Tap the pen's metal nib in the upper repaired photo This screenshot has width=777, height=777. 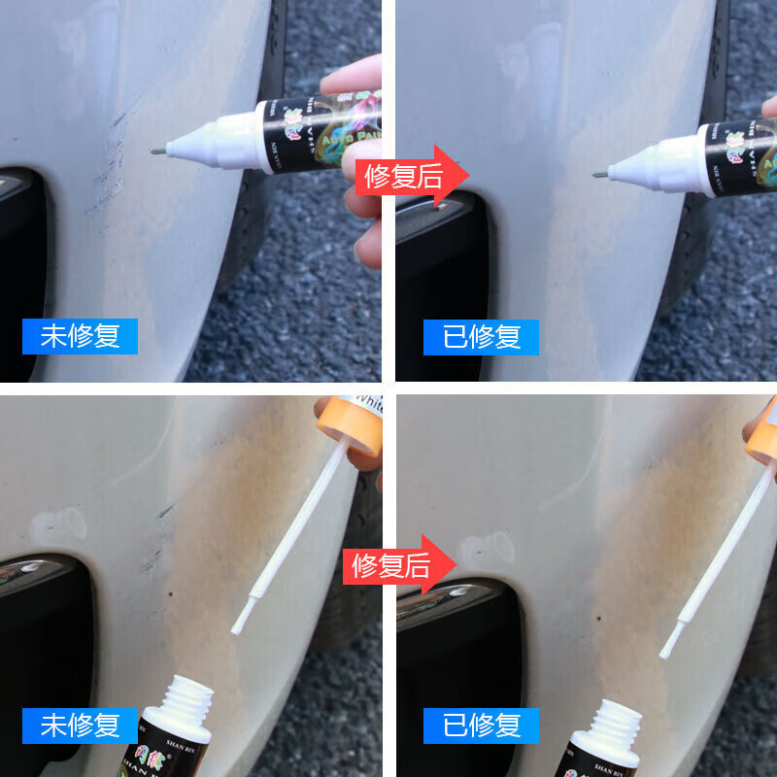(x=598, y=175)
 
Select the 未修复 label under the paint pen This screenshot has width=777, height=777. (x=81, y=336)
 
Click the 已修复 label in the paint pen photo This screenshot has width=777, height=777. (x=482, y=336)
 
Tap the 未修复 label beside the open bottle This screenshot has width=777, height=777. (x=81, y=725)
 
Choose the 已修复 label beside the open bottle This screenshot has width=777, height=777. (x=482, y=725)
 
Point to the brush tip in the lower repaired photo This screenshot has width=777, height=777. (x=667, y=648)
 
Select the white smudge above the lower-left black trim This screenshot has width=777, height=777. (x=58, y=525)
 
